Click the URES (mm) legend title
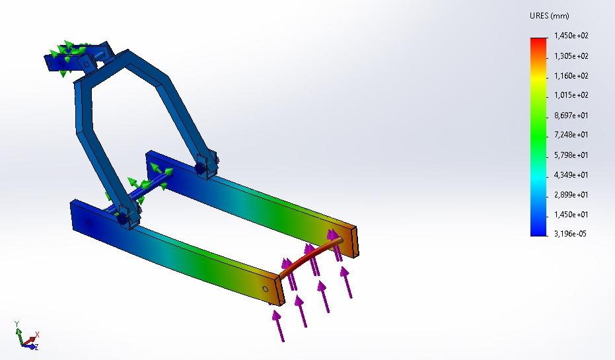(x=549, y=16)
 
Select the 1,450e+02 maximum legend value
(x=571, y=36)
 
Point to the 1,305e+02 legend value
(x=571, y=56)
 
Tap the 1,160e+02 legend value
(x=571, y=76)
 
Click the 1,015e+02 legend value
(x=571, y=96)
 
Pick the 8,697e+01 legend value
(x=571, y=116)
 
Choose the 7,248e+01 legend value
(x=571, y=135)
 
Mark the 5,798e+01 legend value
(x=571, y=155)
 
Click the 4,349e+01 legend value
(x=571, y=175)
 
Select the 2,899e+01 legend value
(x=571, y=195)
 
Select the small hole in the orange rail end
(x=266, y=289)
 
